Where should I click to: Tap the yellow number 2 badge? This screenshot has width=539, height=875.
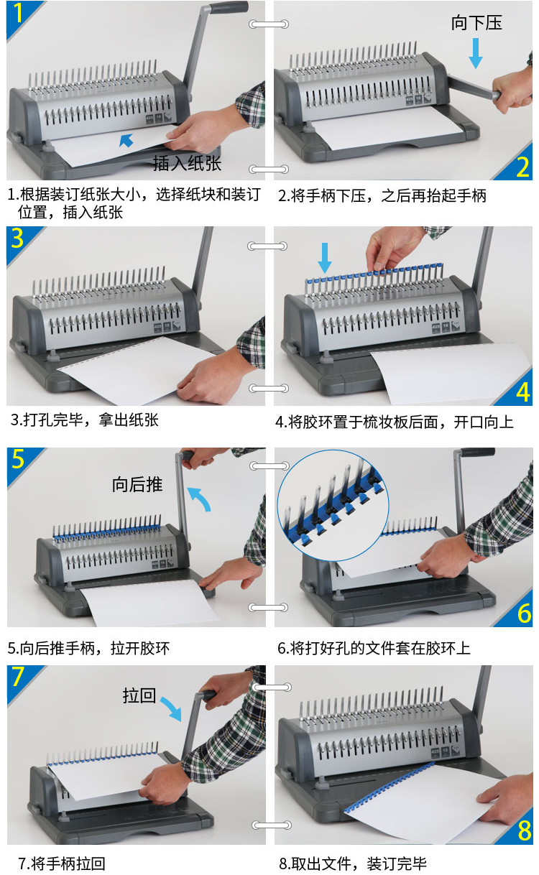[x=522, y=167]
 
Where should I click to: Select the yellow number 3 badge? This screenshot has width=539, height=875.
[x=17, y=238]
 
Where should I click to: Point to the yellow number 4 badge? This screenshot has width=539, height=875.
[x=523, y=392]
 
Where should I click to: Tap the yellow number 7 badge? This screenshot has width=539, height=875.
[x=18, y=677]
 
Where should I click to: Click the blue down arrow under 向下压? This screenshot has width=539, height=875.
[x=475, y=53]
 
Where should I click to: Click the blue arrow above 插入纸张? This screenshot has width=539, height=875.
[x=126, y=140]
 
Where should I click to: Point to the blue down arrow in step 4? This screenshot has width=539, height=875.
[x=325, y=258]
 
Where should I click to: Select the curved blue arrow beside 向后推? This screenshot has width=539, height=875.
[x=200, y=497]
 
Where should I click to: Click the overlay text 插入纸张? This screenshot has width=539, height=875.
[x=187, y=163]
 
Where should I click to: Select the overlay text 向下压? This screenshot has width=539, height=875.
[x=476, y=23]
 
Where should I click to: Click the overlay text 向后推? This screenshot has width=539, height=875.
[x=137, y=484]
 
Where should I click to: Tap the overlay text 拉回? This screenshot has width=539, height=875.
[x=139, y=695]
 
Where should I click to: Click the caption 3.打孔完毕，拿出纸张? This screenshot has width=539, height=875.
[x=85, y=420]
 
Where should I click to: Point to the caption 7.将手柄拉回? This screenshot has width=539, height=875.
[x=62, y=864]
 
